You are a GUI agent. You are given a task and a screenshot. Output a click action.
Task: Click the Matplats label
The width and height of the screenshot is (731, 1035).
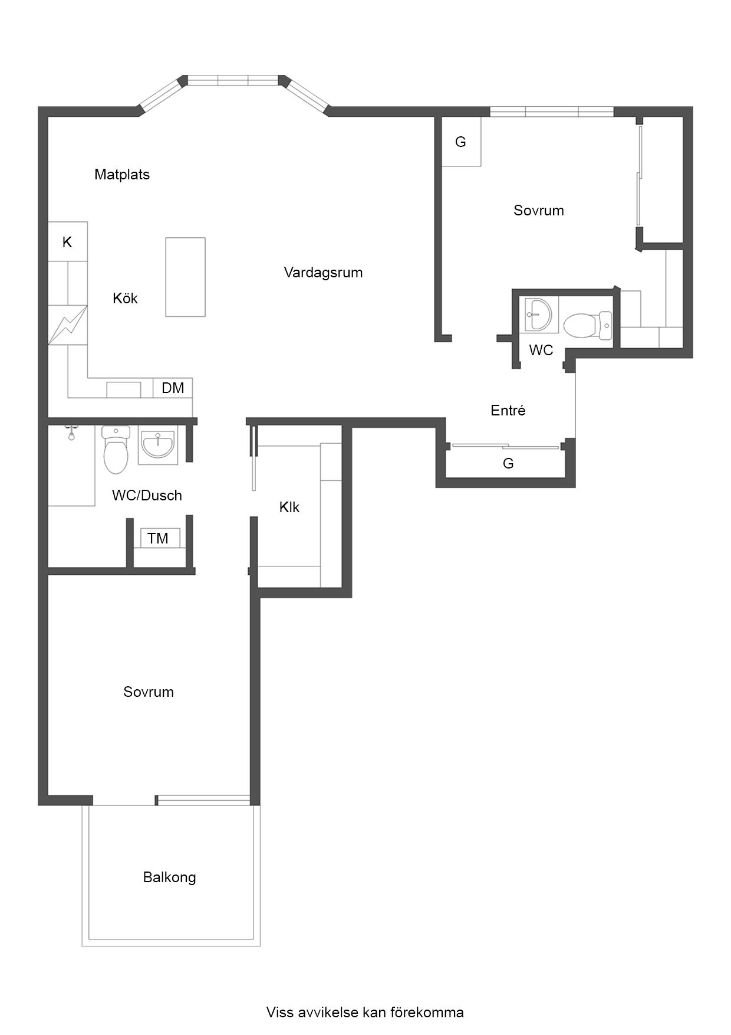tap(122, 175)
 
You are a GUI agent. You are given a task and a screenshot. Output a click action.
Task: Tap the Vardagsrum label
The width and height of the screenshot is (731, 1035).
tap(323, 273)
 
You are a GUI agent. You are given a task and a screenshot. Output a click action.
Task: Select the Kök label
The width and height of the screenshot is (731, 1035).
tap(125, 299)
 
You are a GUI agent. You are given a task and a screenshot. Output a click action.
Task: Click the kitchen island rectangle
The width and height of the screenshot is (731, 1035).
tap(185, 277)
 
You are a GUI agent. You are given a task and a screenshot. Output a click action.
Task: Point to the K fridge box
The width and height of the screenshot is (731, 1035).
tap(68, 241)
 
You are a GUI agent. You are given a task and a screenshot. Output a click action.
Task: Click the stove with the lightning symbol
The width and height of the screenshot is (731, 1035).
tap(68, 325)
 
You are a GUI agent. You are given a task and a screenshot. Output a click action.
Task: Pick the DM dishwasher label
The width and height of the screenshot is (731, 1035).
tap(173, 388)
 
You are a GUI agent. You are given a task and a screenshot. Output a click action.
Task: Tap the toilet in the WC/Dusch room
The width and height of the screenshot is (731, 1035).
tap(116, 449)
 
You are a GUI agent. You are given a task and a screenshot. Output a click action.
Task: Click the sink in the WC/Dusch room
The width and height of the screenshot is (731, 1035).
tap(158, 445)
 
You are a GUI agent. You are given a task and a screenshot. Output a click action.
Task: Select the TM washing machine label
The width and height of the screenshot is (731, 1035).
tap(158, 538)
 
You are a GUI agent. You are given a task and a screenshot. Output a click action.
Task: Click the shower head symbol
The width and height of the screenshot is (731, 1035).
tap(71, 433)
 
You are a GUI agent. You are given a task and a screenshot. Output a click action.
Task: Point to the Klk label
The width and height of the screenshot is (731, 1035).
tap(289, 507)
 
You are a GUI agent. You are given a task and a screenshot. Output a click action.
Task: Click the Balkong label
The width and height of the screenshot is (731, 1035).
tap(169, 877)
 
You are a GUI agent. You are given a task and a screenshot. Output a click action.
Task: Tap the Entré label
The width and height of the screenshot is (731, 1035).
tap(508, 411)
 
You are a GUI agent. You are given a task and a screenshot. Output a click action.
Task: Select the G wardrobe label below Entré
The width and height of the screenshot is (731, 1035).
tap(508, 464)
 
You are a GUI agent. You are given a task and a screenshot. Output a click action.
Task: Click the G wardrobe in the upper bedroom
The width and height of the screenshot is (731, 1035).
tap(462, 142)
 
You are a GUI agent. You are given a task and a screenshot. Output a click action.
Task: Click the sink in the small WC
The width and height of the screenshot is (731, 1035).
tap(539, 315)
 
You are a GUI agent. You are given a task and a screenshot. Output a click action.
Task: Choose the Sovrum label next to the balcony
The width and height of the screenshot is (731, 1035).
tap(149, 692)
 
